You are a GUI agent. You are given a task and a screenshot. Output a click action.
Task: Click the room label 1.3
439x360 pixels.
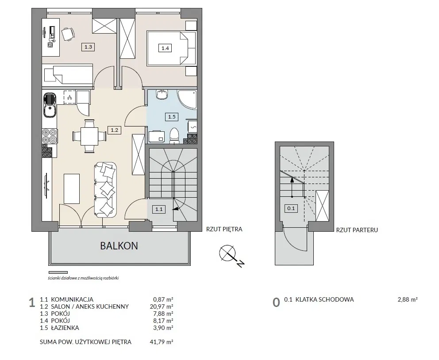pyautogui.click(x=88, y=47)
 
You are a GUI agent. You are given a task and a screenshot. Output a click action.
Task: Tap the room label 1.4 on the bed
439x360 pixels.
pyautogui.click(x=165, y=48)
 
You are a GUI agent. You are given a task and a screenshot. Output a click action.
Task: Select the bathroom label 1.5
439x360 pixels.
pyautogui.click(x=172, y=117)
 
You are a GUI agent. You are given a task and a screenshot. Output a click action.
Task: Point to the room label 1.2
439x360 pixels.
pyautogui.click(x=115, y=130)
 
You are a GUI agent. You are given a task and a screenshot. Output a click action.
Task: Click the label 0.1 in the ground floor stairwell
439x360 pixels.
pyautogui.click(x=291, y=208)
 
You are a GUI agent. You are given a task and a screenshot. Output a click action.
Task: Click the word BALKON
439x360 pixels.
pyautogui.click(x=119, y=246)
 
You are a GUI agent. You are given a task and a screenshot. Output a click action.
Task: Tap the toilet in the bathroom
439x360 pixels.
pyautogui.click(x=174, y=136)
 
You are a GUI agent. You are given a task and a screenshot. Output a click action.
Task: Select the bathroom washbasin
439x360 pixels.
pyautogui.click(x=162, y=94)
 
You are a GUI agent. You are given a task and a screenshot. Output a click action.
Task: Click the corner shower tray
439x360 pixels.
pyautogui.click(x=187, y=100)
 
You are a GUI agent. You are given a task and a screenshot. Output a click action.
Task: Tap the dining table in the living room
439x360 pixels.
pyautogui.click(x=89, y=136)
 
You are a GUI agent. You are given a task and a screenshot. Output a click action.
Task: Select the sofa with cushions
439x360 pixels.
pyautogui.click(x=105, y=190)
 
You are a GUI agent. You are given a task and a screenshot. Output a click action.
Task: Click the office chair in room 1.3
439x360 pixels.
pyautogui.click(x=68, y=34)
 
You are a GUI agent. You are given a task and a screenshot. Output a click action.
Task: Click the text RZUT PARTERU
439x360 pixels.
pyautogui.click(x=357, y=230)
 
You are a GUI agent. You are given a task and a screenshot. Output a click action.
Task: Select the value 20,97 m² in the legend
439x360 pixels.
pyautogui.click(x=162, y=306)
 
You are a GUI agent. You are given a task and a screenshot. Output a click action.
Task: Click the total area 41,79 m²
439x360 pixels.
pyautogui.click(x=162, y=342)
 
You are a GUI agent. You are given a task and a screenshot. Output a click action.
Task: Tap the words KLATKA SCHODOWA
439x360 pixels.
pyautogui.click(x=324, y=299)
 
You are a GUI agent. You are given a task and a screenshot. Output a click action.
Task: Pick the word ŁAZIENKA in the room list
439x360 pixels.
pyautogui.click(x=65, y=328)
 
